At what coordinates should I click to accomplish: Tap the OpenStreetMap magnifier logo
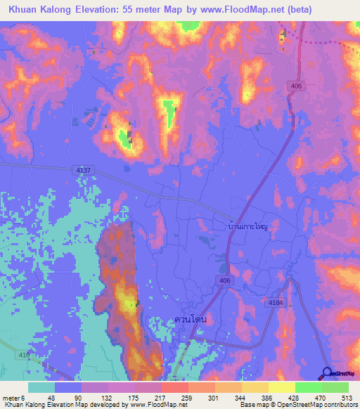(x=327, y=373)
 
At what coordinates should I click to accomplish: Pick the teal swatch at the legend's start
(x=41, y=387)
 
